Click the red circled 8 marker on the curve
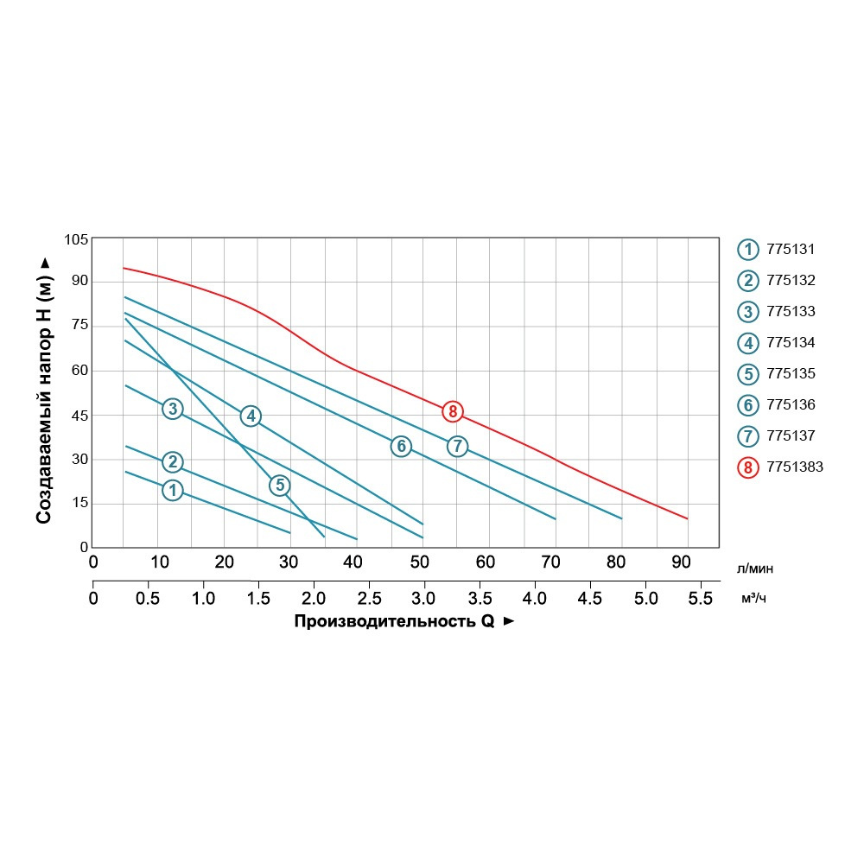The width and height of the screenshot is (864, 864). point(452,411)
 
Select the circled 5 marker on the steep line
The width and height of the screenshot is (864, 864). point(279,486)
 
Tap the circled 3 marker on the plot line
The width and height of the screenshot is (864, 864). point(173,408)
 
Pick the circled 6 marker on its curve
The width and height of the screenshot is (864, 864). point(400,446)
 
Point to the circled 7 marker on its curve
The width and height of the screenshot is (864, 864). point(457,446)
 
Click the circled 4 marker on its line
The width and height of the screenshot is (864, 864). point(251,416)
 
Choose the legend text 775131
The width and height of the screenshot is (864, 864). point(791,250)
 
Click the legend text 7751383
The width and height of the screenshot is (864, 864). point(795,467)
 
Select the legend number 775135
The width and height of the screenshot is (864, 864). point(791,374)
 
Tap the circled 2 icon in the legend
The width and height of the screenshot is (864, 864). point(746,281)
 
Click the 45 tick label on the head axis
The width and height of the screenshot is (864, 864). point(79,416)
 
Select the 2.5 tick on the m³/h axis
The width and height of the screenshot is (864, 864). point(369,598)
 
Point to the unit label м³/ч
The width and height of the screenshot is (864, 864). point(753,599)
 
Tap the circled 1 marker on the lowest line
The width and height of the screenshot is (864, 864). point(173,490)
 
